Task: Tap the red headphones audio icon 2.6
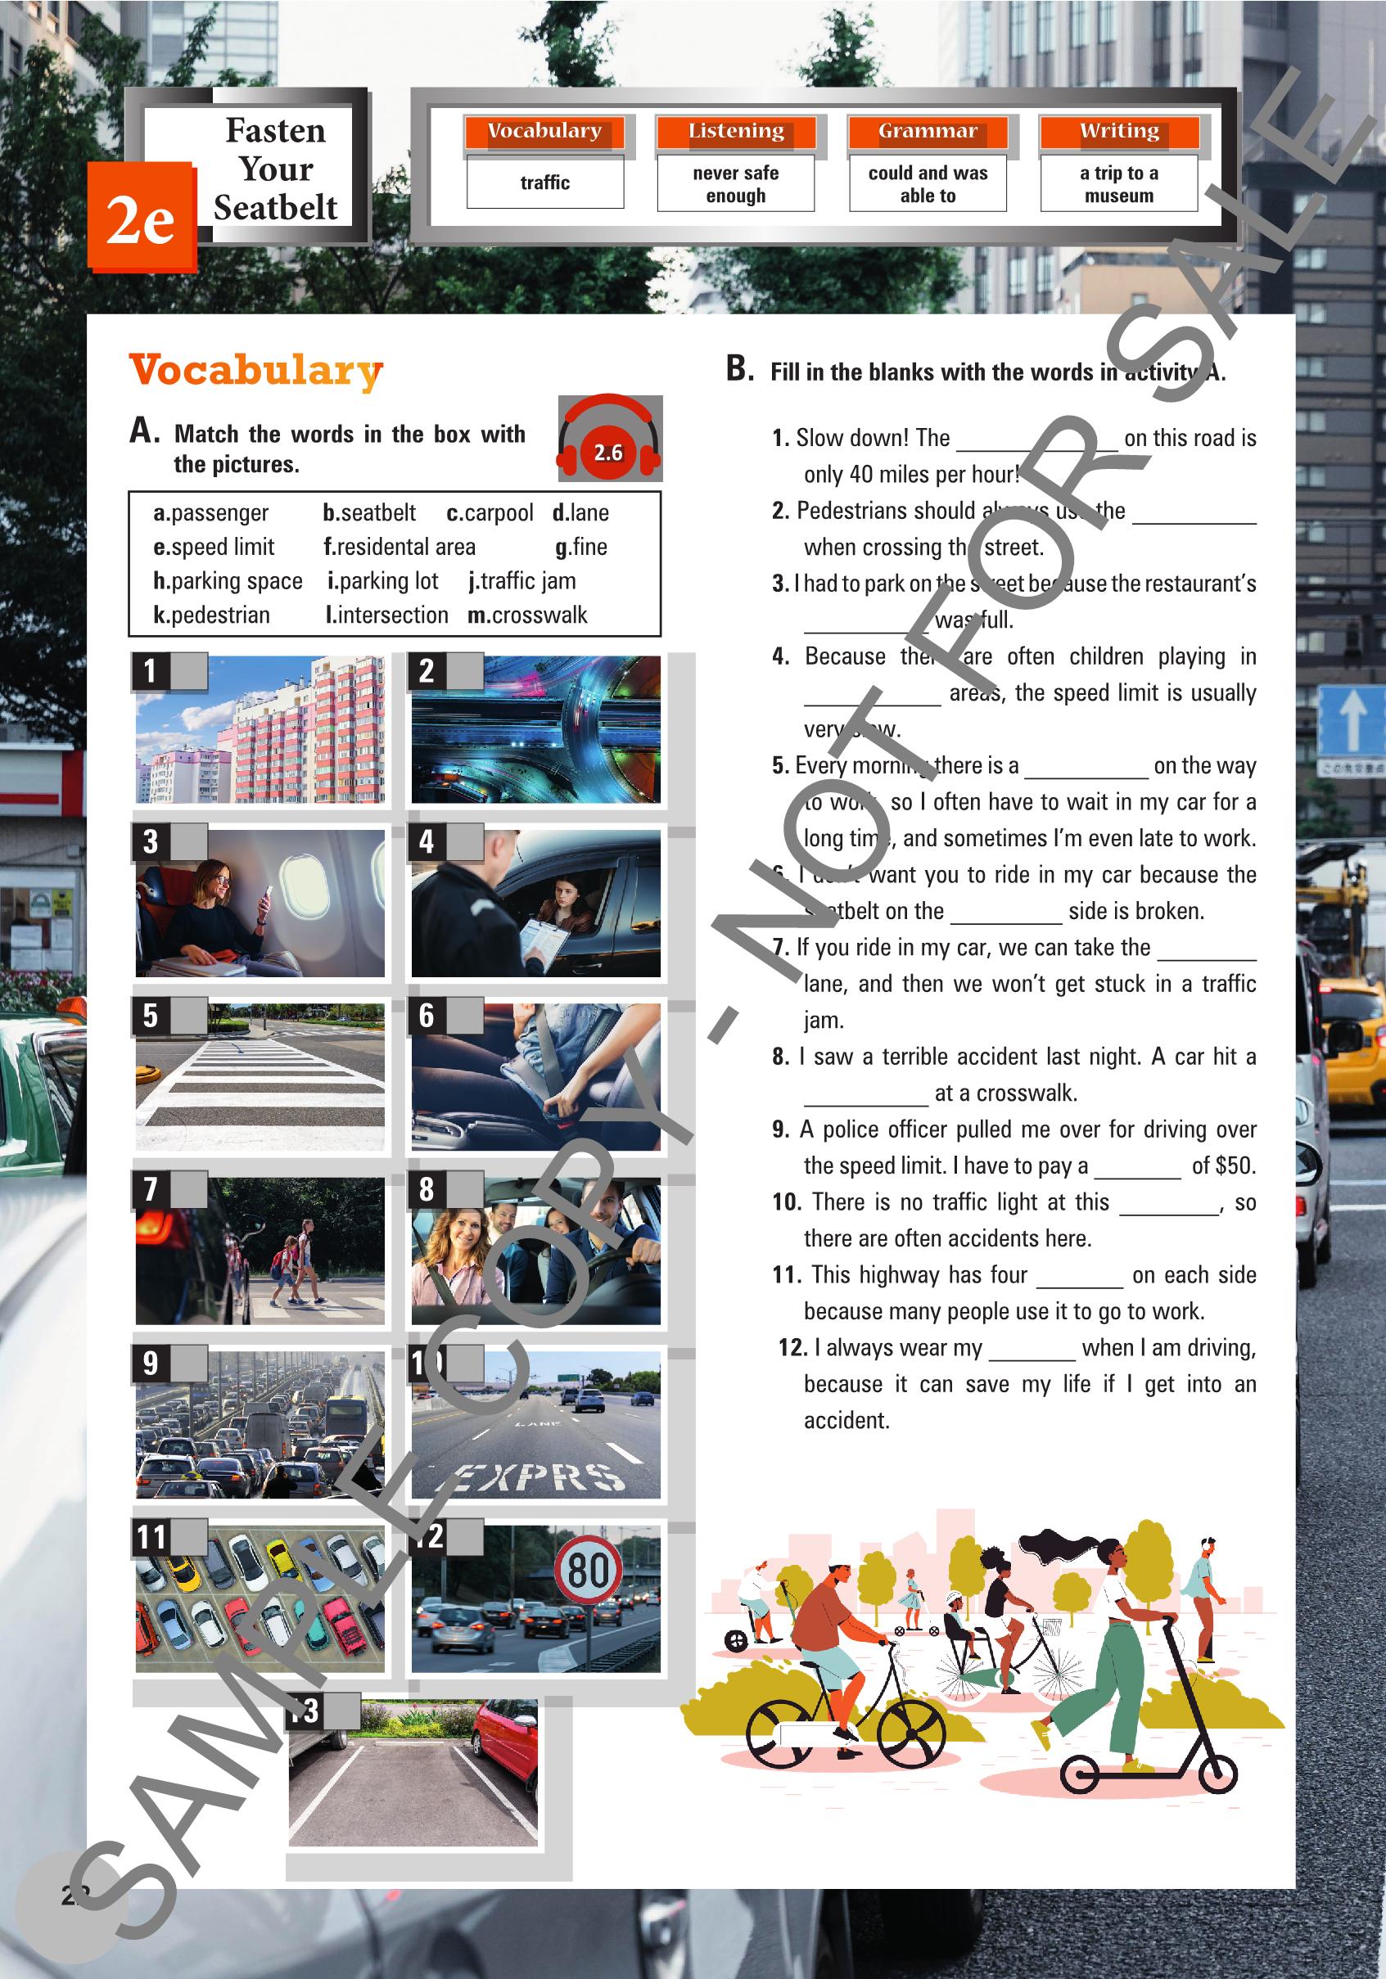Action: (609, 440)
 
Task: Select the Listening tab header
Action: (735, 131)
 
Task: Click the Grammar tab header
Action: (928, 131)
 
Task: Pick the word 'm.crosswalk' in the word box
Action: (526, 615)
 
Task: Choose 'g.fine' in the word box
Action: (581, 548)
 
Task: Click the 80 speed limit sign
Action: (588, 1570)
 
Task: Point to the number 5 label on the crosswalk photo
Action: (151, 1017)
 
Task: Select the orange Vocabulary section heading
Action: (256, 371)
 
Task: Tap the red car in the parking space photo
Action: (508, 1738)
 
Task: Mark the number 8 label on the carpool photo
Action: (427, 1189)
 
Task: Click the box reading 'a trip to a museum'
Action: (1119, 183)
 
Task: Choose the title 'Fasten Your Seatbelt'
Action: (275, 169)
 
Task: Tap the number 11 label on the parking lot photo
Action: (151, 1537)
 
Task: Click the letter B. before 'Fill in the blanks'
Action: (740, 369)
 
